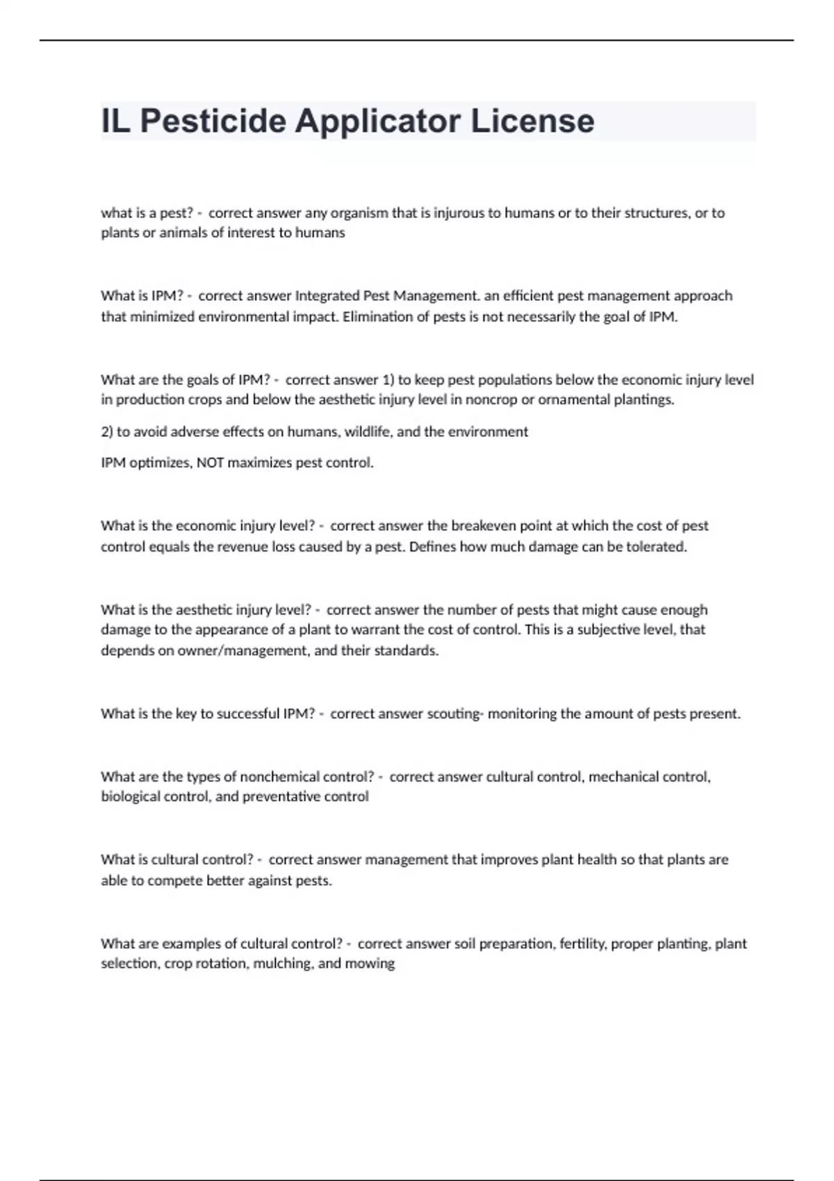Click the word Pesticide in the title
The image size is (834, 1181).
[213, 121]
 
